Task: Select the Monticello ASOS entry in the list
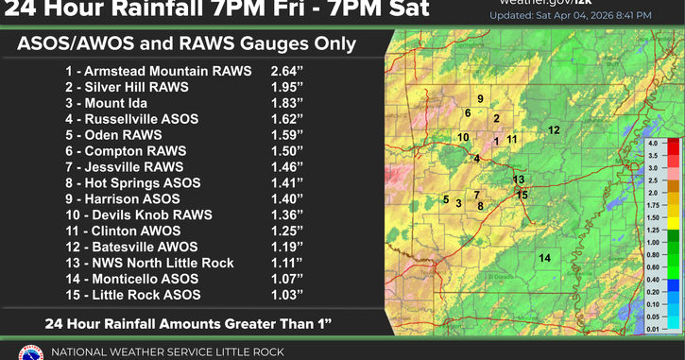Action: coord(145,280)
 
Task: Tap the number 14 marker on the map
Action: coord(544,258)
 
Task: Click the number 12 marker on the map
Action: coord(554,129)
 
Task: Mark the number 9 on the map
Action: coord(480,99)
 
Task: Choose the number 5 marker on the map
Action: coord(445,199)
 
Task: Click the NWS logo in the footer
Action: coord(31,351)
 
